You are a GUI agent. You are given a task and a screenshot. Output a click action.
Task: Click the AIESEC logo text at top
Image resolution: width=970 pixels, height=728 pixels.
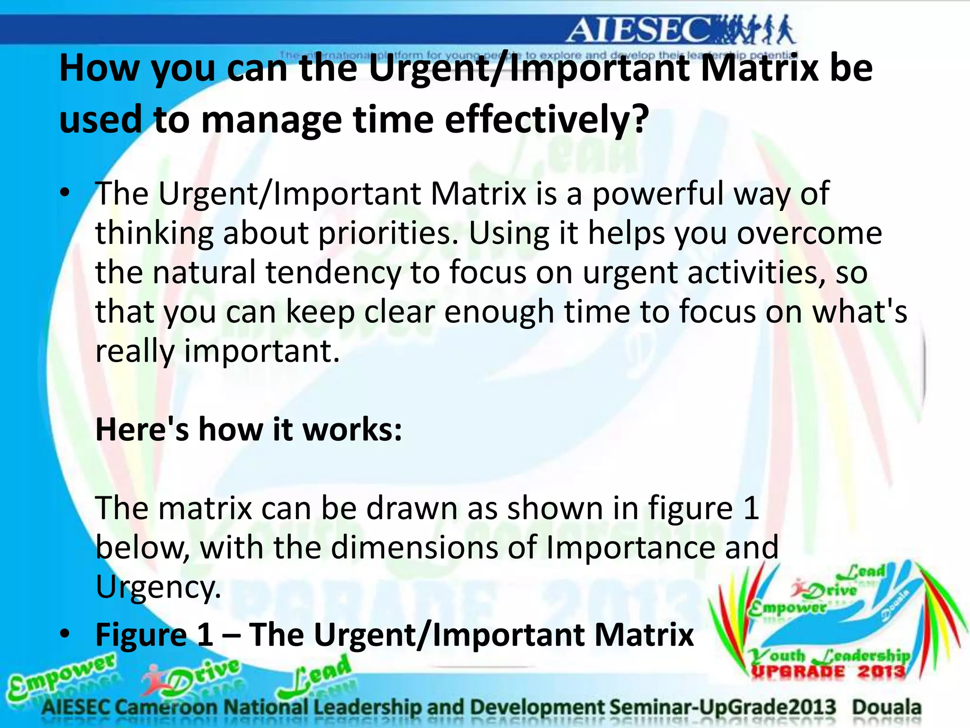click(639, 31)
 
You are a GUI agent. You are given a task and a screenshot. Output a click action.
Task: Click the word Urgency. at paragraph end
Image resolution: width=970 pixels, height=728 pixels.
click(158, 587)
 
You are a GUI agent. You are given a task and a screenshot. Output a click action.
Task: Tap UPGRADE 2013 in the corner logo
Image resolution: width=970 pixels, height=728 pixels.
click(828, 672)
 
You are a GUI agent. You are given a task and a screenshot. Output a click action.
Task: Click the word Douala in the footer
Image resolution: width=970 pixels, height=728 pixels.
click(887, 707)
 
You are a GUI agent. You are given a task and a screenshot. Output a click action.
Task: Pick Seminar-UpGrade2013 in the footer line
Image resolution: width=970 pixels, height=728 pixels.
click(723, 707)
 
